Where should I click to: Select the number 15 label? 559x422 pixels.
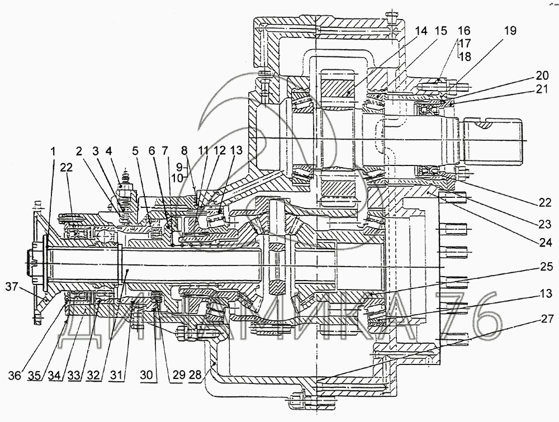click(x=442, y=31)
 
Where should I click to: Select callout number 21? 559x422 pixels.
click(x=541, y=89)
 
